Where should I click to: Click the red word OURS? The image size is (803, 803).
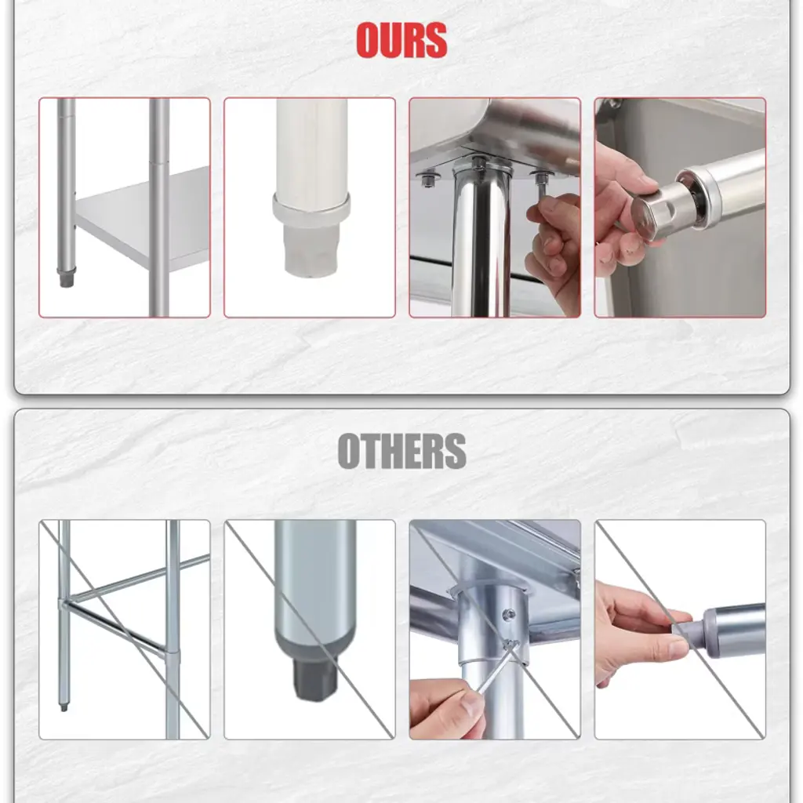(401, 40)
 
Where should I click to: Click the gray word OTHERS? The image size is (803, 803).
(402, 451)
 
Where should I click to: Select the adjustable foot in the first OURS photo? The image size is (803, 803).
(66, 277)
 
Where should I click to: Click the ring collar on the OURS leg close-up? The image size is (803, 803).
(311, 210)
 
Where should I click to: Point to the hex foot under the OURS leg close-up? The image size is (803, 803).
(311, 251)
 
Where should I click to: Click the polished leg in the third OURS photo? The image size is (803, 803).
(481, 241)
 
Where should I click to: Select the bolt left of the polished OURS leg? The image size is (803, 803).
(429, 180)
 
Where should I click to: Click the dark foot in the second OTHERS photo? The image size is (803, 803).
(314, 678)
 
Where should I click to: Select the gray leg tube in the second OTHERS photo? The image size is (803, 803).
(314, 589)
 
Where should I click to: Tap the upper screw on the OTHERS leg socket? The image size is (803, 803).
(508, 614)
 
